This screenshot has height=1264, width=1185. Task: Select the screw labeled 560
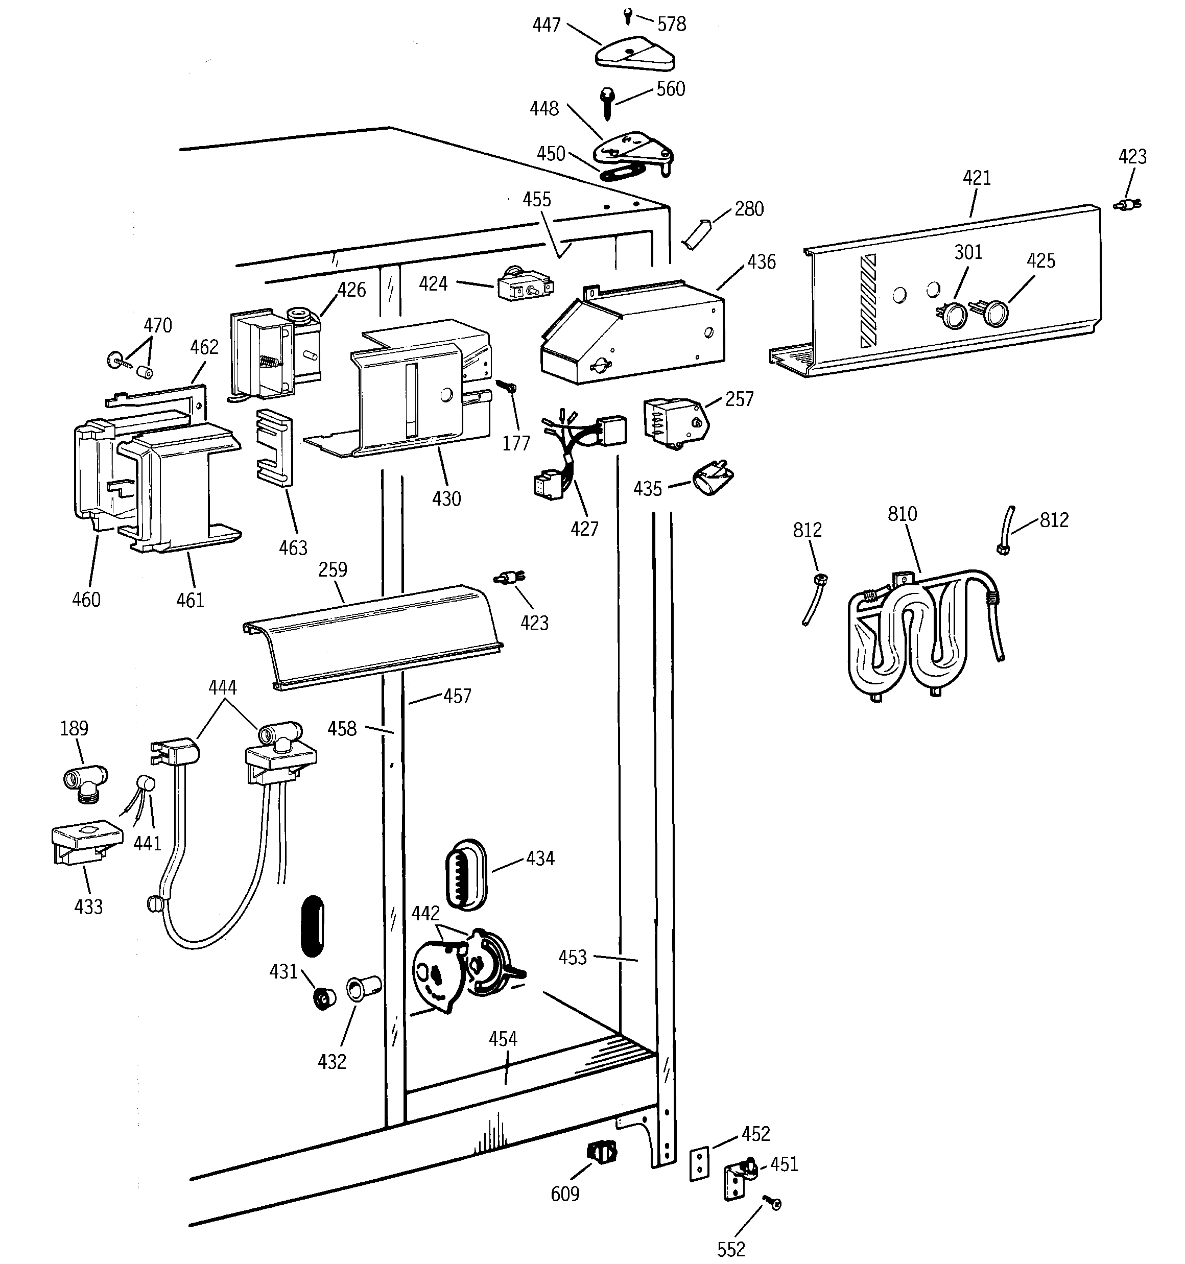606,102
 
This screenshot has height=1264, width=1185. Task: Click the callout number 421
977,178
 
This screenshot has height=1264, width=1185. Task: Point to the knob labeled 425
995,314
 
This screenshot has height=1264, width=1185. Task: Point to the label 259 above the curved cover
333,569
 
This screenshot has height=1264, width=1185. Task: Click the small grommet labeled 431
325,998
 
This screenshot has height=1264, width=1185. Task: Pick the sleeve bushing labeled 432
363,989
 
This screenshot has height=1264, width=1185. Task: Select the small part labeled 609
602,1152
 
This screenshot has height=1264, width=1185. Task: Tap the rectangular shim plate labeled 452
699,1164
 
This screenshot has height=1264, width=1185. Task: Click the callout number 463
293,548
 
